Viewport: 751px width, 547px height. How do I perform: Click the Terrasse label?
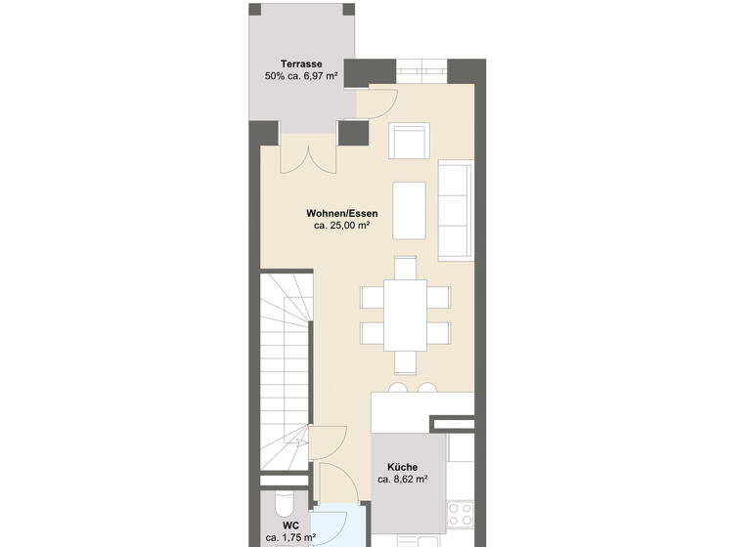pyautogui.click(x=301, y=64)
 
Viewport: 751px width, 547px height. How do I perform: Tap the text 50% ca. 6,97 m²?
pyautogui.click(x=301, y=76)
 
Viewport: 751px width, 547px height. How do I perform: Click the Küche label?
pyautogui.click(x=402, y=467)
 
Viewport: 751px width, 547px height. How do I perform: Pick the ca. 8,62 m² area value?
pyautogui.click(x=402, y=480)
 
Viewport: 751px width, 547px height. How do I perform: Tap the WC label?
pyautogui.click(x=290, y=524)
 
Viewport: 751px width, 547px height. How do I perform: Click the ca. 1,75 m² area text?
pyautogui.click(x=290, y=536)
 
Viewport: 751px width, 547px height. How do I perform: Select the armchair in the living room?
pyautogui.click(x=410, y=141)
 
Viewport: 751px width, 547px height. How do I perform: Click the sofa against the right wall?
pyautogui.click(x=456, y=210)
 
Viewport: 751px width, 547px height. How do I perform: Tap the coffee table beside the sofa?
pyautogui.click(x=409, y=209)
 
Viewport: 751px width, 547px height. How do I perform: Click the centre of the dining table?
pyautogui.click(x=405, y=315)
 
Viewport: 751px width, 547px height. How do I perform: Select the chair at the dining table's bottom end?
pyautogui.click(x=405, y=362)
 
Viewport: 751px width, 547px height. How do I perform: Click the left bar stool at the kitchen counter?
pyautogui.click(x=397, y=389)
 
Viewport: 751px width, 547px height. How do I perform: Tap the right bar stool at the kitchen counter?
pyautogui.click(x=427, y=389)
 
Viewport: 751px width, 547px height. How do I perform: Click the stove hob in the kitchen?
pyautogui.click(x=461, y=512)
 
